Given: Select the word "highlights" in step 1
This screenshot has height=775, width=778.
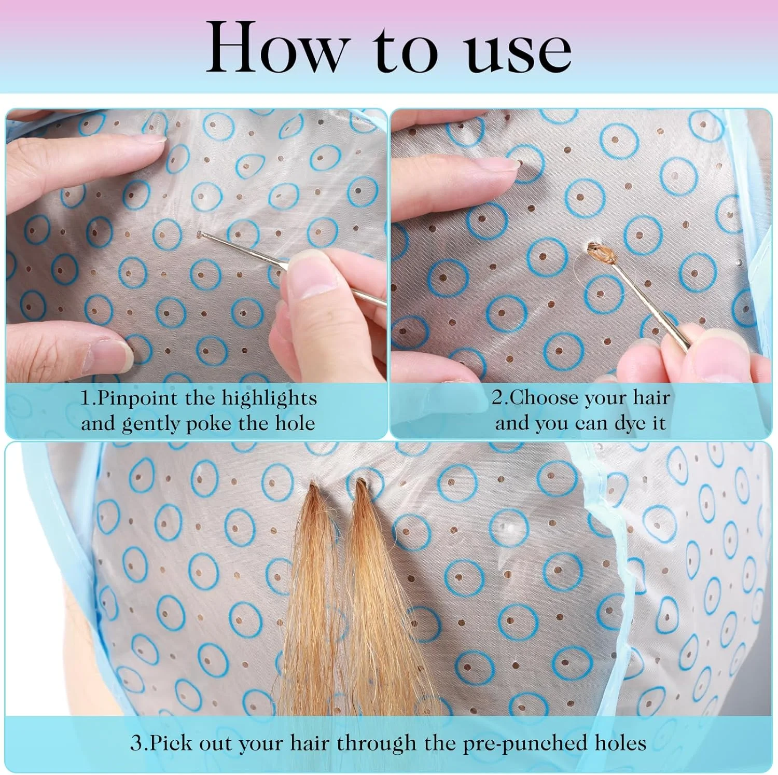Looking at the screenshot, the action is (269, 398).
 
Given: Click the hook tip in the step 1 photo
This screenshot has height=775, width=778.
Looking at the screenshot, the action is (200, 234).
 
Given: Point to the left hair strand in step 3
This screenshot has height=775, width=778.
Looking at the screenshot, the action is (311, 597).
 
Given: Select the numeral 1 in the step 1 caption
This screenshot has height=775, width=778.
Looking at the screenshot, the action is (86, 399).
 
